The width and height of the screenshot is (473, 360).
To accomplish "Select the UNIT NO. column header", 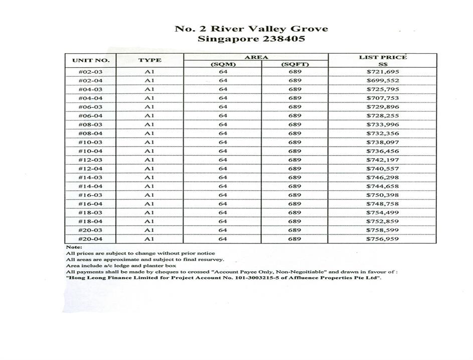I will pyautogui.click(x=91, y=60).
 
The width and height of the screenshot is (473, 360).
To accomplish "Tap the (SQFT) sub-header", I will pyautogui.click(x=295, y=64).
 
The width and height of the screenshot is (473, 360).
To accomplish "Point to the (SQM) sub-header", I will pyautogui.click(x=223, y=64).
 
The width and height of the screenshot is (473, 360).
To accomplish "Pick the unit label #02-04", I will pyautogui.click(x=91, y=80).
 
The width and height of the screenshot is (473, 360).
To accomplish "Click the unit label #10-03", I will pyautogui.click(x=91, y=142).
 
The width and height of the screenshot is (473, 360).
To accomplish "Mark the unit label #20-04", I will pyautogui.click(x=91, y=239).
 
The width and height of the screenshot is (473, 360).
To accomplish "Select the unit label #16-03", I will pyautogui.click(x=91, y=195).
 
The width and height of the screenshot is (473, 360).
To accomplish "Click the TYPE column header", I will pyautogui.click(x=149, y=60).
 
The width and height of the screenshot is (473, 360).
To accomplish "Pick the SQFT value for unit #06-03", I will pyautogui.click(x=295, y=107).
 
